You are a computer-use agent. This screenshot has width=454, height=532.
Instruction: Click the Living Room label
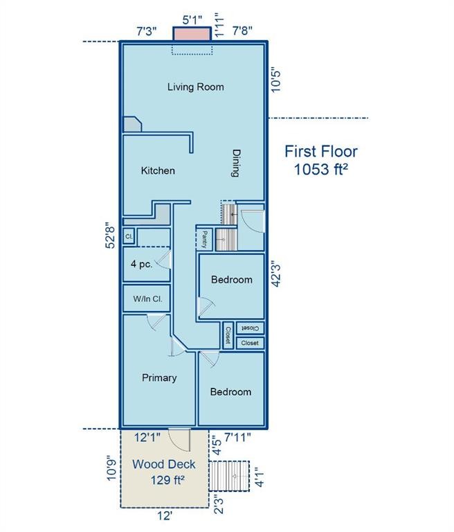pos(196,87)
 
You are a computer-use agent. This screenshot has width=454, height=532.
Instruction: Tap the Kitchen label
pos(158,170)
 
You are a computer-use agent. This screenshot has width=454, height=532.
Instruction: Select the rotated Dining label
pos(236,163)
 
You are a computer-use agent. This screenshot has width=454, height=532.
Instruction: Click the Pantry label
pos(204,240)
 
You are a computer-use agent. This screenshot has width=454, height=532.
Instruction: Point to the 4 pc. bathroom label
pos(142,264)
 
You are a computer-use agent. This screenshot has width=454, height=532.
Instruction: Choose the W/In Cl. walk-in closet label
pos(147,299)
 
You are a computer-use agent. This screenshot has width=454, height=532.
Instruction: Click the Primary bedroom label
pos(159,378)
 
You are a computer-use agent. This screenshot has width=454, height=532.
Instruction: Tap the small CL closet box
pos(129,236)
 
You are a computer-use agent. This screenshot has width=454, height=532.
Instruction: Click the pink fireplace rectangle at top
pos(192,34)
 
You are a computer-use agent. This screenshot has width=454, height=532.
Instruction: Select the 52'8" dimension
pos(111,235)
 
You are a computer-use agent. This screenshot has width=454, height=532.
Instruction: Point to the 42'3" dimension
pos(276,274)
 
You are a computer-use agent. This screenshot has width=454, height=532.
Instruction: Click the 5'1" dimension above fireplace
pos(192,20)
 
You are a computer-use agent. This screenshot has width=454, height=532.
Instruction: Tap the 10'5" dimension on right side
pos(276,81)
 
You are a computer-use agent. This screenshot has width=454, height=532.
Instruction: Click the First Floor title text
pos(321,151)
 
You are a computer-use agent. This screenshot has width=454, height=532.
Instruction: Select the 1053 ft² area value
pos(321,169)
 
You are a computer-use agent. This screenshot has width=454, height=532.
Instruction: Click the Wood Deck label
pos(164,464)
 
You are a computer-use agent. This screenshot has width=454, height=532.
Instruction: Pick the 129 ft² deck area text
pos(167,480)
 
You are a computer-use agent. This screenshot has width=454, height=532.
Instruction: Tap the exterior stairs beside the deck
pos(229,476)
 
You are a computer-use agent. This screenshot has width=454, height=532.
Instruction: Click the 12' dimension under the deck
pos(165,515)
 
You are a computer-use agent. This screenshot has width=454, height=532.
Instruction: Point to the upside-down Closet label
pos(251,328)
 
